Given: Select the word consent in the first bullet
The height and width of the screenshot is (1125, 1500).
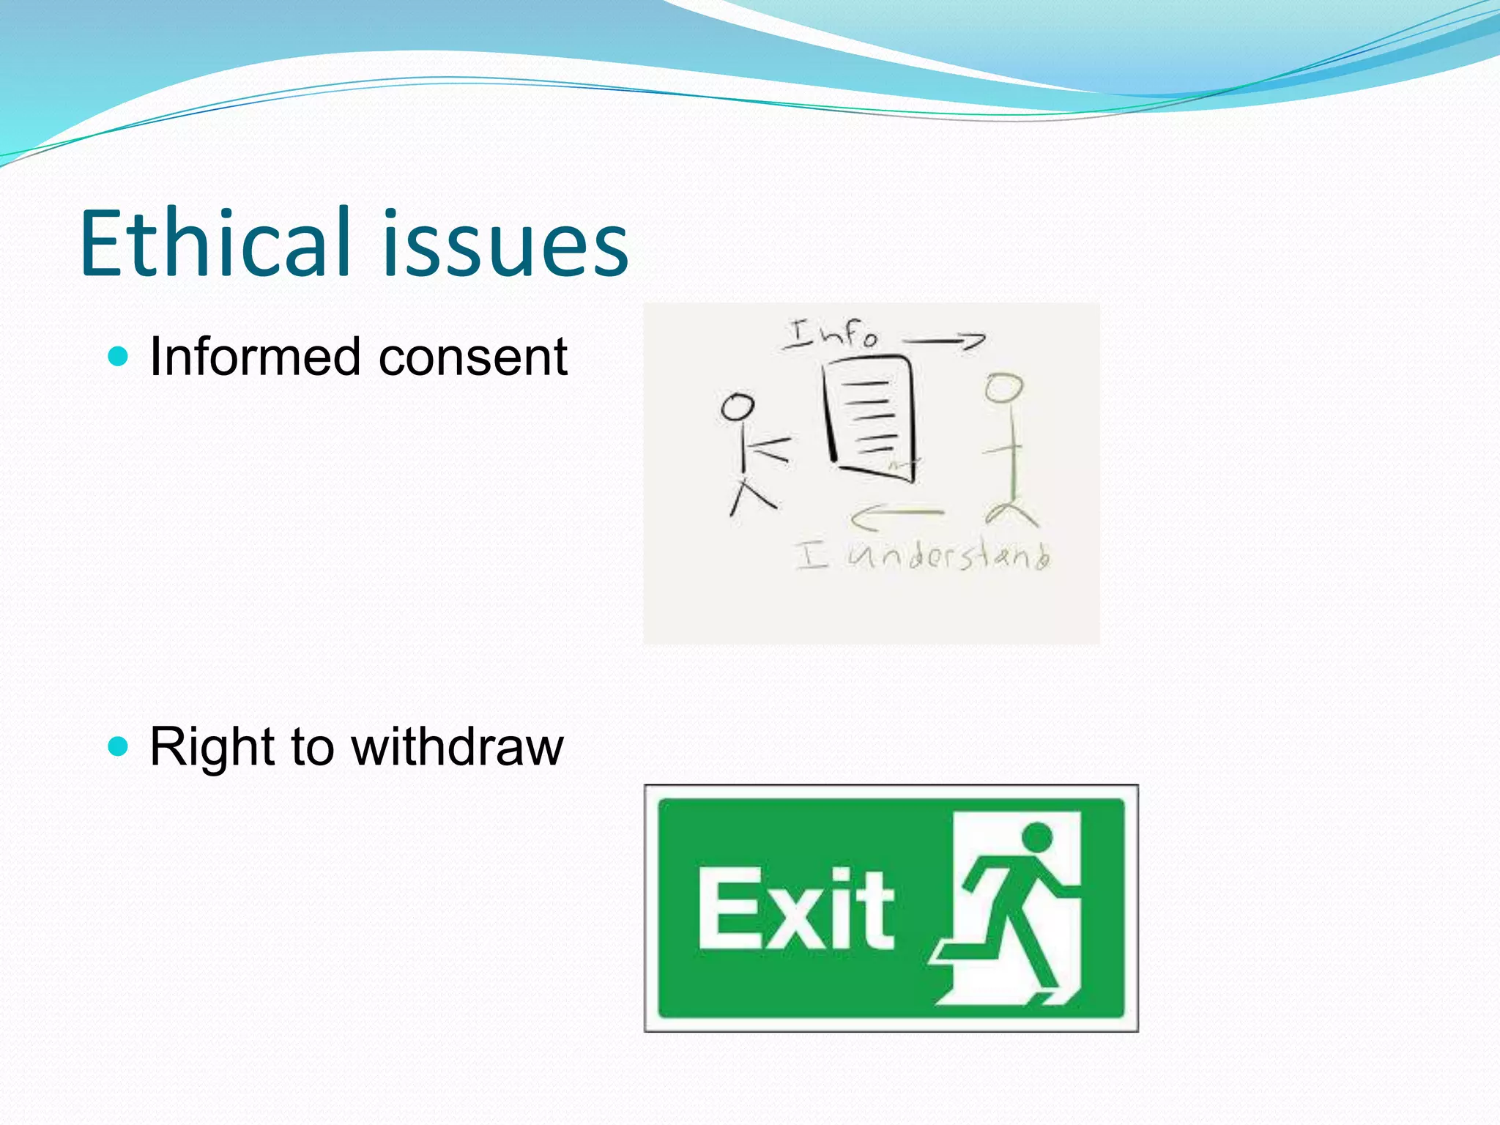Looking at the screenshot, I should [x=472, y=357].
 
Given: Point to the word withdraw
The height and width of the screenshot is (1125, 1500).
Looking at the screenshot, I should [x=457, y=747].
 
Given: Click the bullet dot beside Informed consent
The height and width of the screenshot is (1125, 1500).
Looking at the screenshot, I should [x=117, y=357].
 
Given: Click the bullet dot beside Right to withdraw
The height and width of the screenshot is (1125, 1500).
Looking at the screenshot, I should [x=117, y=747].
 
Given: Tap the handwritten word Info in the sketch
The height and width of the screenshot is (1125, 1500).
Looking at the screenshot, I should [x=832, y=335].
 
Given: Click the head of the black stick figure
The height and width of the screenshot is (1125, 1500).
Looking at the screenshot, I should [x=738, y=406].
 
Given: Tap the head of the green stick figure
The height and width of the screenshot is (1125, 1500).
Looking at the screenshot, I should [x=1003, y=387].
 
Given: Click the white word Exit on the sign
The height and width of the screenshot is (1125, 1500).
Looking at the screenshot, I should [x=795, y=910].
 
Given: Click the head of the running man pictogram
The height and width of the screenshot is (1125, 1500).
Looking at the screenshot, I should [x=1036, y=837].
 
